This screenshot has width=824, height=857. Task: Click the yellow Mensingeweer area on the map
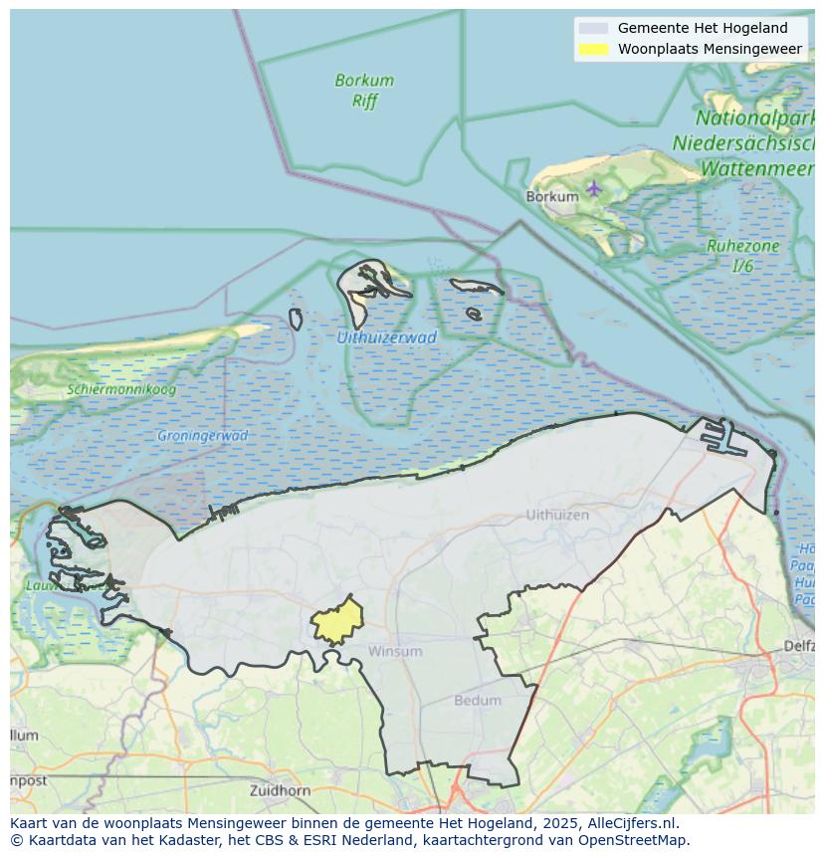point(335,621)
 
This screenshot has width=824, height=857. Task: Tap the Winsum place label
point(395,651)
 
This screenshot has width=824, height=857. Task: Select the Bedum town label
point(478,701)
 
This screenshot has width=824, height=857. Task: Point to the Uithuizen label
point(556,515)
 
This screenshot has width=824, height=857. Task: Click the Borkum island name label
point(552,197)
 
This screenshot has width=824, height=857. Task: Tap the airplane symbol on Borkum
point(594,187)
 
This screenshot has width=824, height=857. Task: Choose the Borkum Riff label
point(364,91)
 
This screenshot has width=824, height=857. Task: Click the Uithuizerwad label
point(386,337)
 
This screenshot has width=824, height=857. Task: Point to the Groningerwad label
point(202,436)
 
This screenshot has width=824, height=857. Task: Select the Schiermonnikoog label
point(121,389)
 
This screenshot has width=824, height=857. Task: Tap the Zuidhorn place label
point(282,790)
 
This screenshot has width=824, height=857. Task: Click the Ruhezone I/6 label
point(742,256)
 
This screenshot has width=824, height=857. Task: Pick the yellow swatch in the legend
point(593,49)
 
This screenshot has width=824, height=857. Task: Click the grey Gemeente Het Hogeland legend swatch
point(593,28)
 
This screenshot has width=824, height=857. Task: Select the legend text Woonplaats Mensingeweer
point(710,49)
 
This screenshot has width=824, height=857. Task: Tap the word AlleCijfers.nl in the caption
point(633,823)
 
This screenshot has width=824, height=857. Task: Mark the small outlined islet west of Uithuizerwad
point(296,320)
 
